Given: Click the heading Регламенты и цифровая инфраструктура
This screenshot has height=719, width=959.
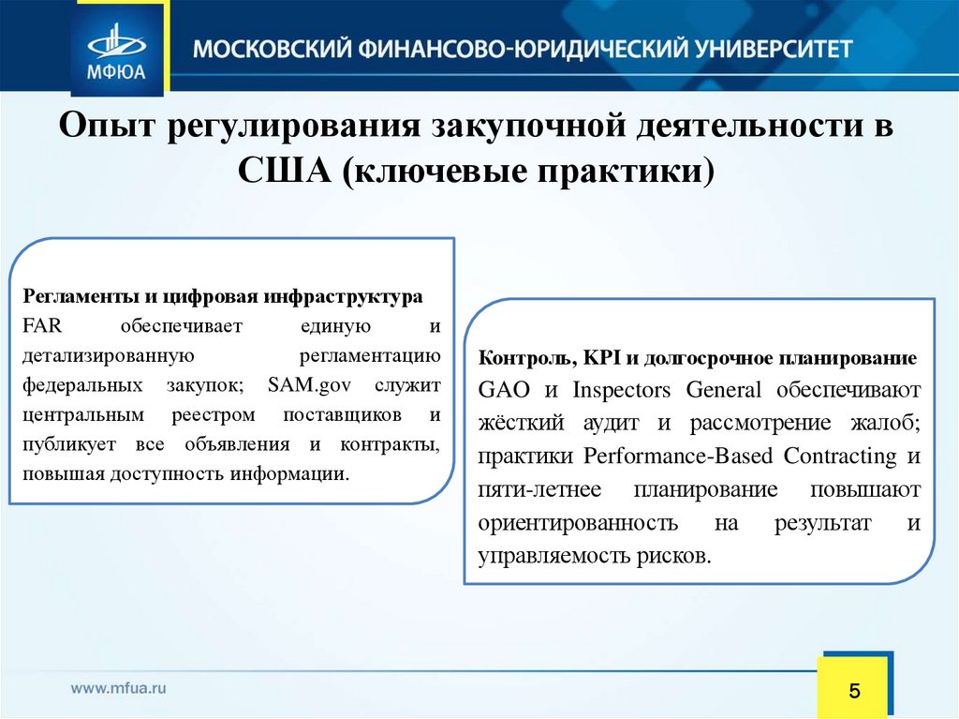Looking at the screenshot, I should pyautogui.click(x=223, y=296).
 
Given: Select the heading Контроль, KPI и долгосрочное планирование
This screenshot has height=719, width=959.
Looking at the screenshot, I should pyautogui.click(x=698, y=359).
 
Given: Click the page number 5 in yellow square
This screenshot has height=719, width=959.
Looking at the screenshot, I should pyautogui.click(x=853, y=692).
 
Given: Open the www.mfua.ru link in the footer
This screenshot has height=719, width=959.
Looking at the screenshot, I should pyautogui.click(x=118, y=687).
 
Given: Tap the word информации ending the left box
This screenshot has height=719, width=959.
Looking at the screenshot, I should pyautogui.click(x=300, y=473).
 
